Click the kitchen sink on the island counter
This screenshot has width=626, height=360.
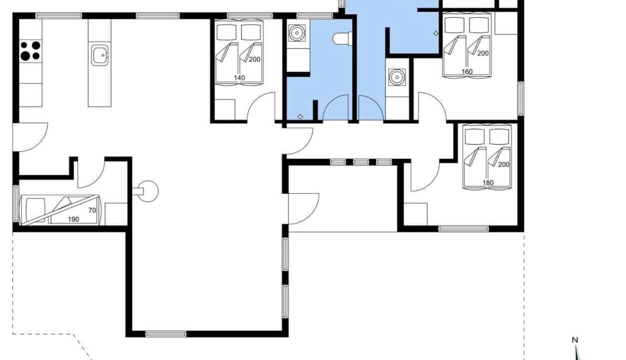click(99, 55)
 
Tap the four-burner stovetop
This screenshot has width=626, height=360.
click(30, 50)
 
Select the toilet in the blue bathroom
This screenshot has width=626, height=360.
click(342, 38)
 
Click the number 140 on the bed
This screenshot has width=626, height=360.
click(239, 77)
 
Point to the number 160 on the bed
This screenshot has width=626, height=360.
click(467, 71)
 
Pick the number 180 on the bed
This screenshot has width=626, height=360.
click(488, 182)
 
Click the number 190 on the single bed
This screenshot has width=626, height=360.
click(73, 219)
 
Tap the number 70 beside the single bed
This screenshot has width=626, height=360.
click(92, 210)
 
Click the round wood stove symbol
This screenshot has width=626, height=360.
click(147, 191)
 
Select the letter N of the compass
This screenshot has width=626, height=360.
click(575, 340)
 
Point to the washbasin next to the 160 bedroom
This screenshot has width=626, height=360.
click(397, 77)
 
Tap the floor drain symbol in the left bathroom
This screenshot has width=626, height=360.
click(300, 116)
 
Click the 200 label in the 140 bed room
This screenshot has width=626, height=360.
click(254, 59)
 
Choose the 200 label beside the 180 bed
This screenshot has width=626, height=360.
click(504, 164)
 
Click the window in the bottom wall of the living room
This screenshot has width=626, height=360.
click(166, 333)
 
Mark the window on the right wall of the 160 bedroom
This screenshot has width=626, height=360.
click(521, 98)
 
